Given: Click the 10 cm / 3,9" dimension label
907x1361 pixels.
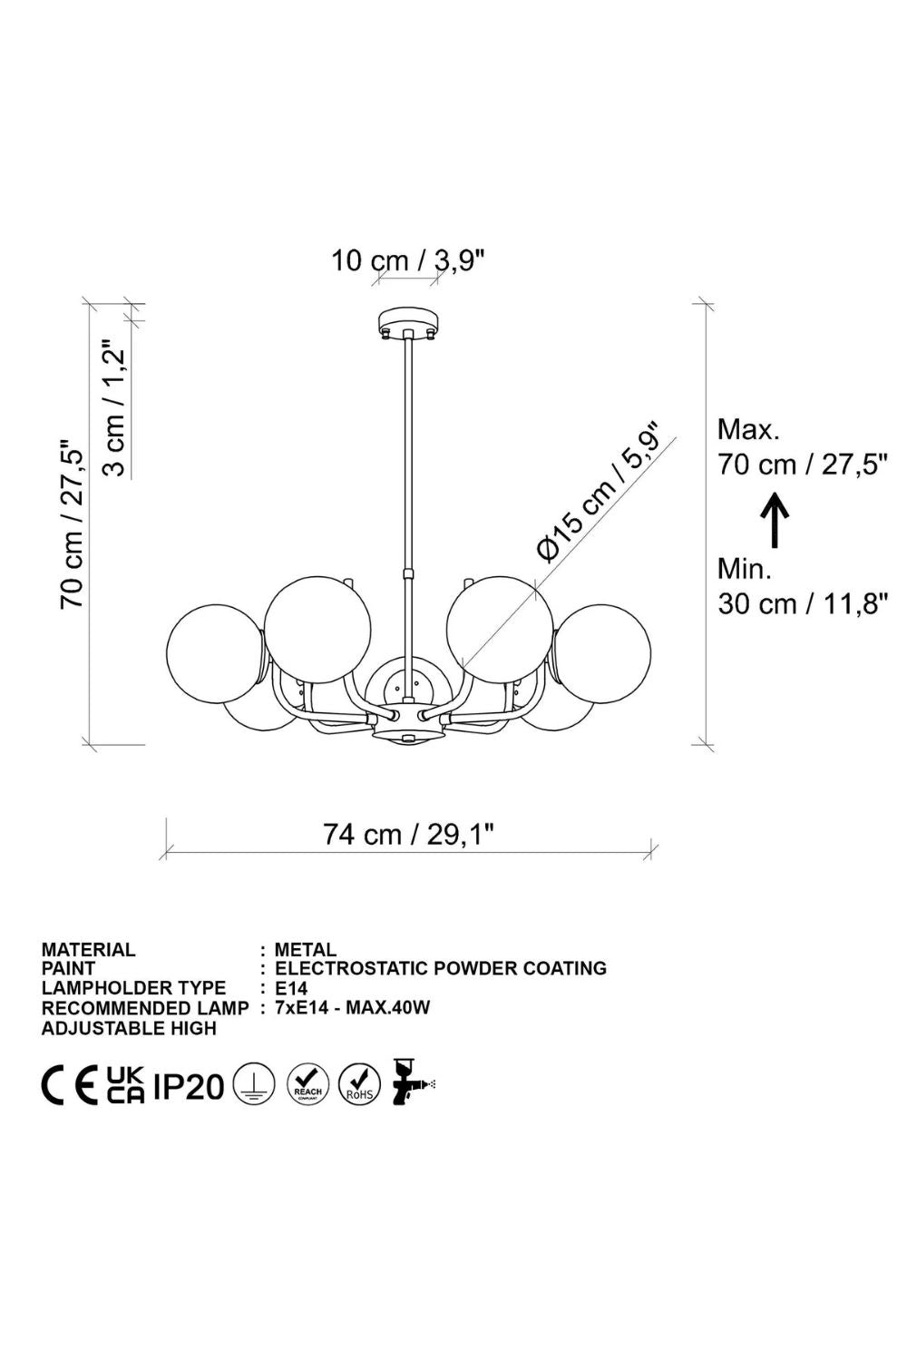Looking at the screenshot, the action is (407, 260).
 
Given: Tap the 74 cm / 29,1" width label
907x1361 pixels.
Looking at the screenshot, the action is (407, 834).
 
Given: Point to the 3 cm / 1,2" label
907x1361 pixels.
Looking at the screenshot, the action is (114, 407).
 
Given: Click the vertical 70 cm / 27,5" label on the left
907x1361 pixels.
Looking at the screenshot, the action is (72, 524).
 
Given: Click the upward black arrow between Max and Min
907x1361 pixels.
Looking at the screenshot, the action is (775, 520).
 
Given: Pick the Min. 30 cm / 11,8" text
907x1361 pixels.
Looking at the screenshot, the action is (803, 587).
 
